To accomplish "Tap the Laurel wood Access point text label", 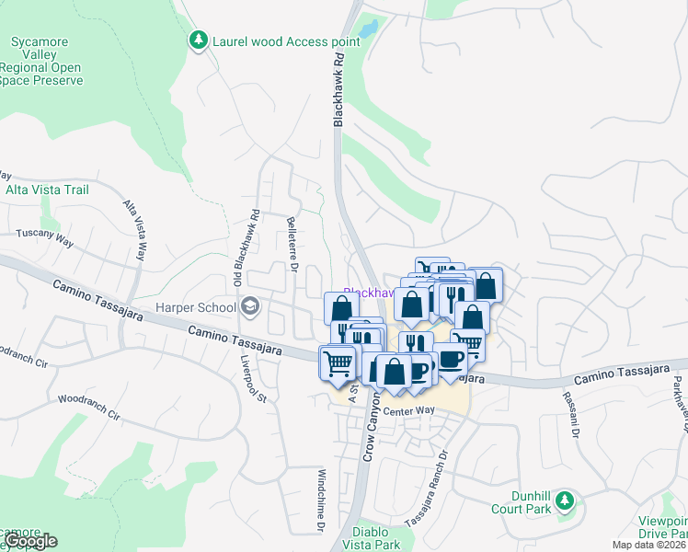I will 274,41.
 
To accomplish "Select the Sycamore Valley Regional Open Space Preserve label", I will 45,61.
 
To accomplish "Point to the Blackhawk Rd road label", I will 338,89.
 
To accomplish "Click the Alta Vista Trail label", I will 47,190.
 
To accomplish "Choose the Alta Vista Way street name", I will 135,231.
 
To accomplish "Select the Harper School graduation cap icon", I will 249,305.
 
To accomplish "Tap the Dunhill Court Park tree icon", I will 567,501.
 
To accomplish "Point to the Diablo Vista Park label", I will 376,538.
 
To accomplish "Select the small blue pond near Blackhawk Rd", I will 368,29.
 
